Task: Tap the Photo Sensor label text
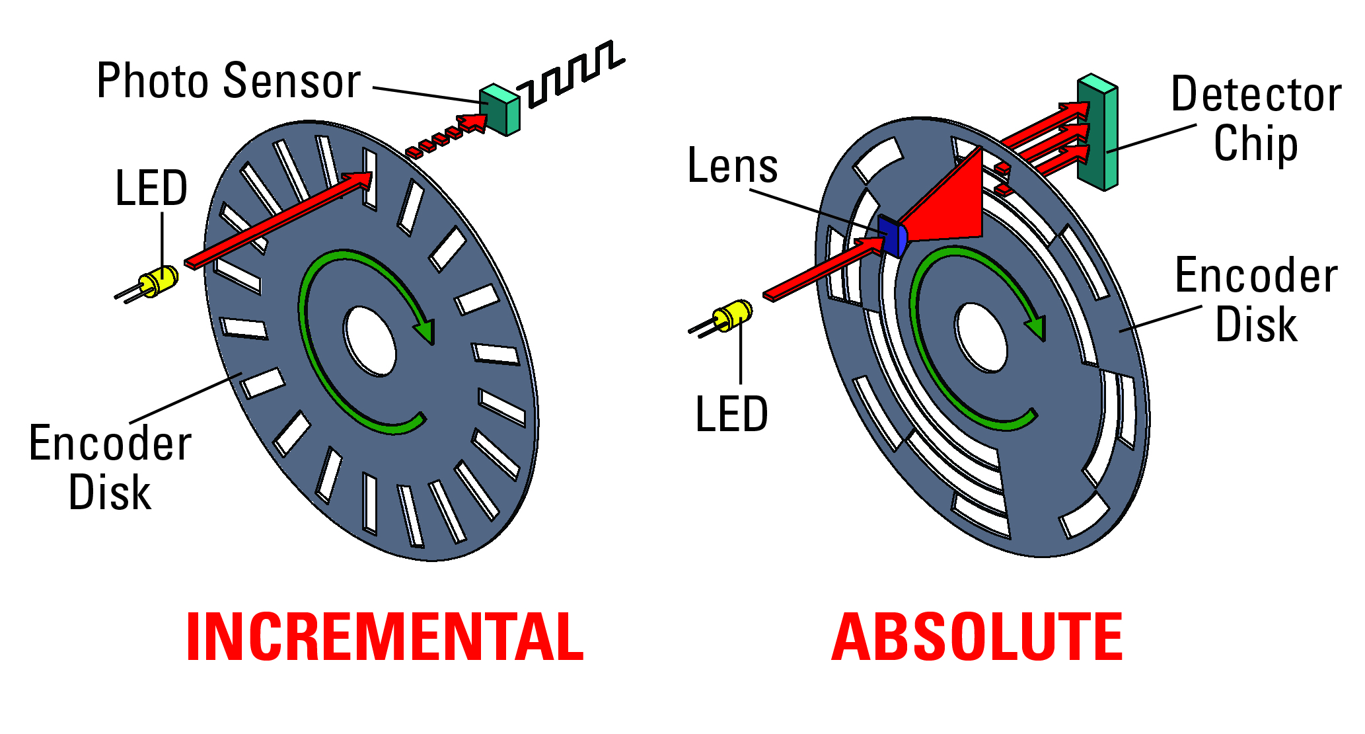point(229,81)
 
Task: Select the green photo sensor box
point(500,110)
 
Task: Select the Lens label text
point(733,165)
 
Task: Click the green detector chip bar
point(1097,132)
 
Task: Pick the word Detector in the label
point(1256,94)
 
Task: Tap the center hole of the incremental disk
point(370,341)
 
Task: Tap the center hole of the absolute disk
point(981,337)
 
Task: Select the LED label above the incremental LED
point(151,188)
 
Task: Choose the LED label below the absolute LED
point(732,415)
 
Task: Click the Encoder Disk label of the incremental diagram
point(110,468)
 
